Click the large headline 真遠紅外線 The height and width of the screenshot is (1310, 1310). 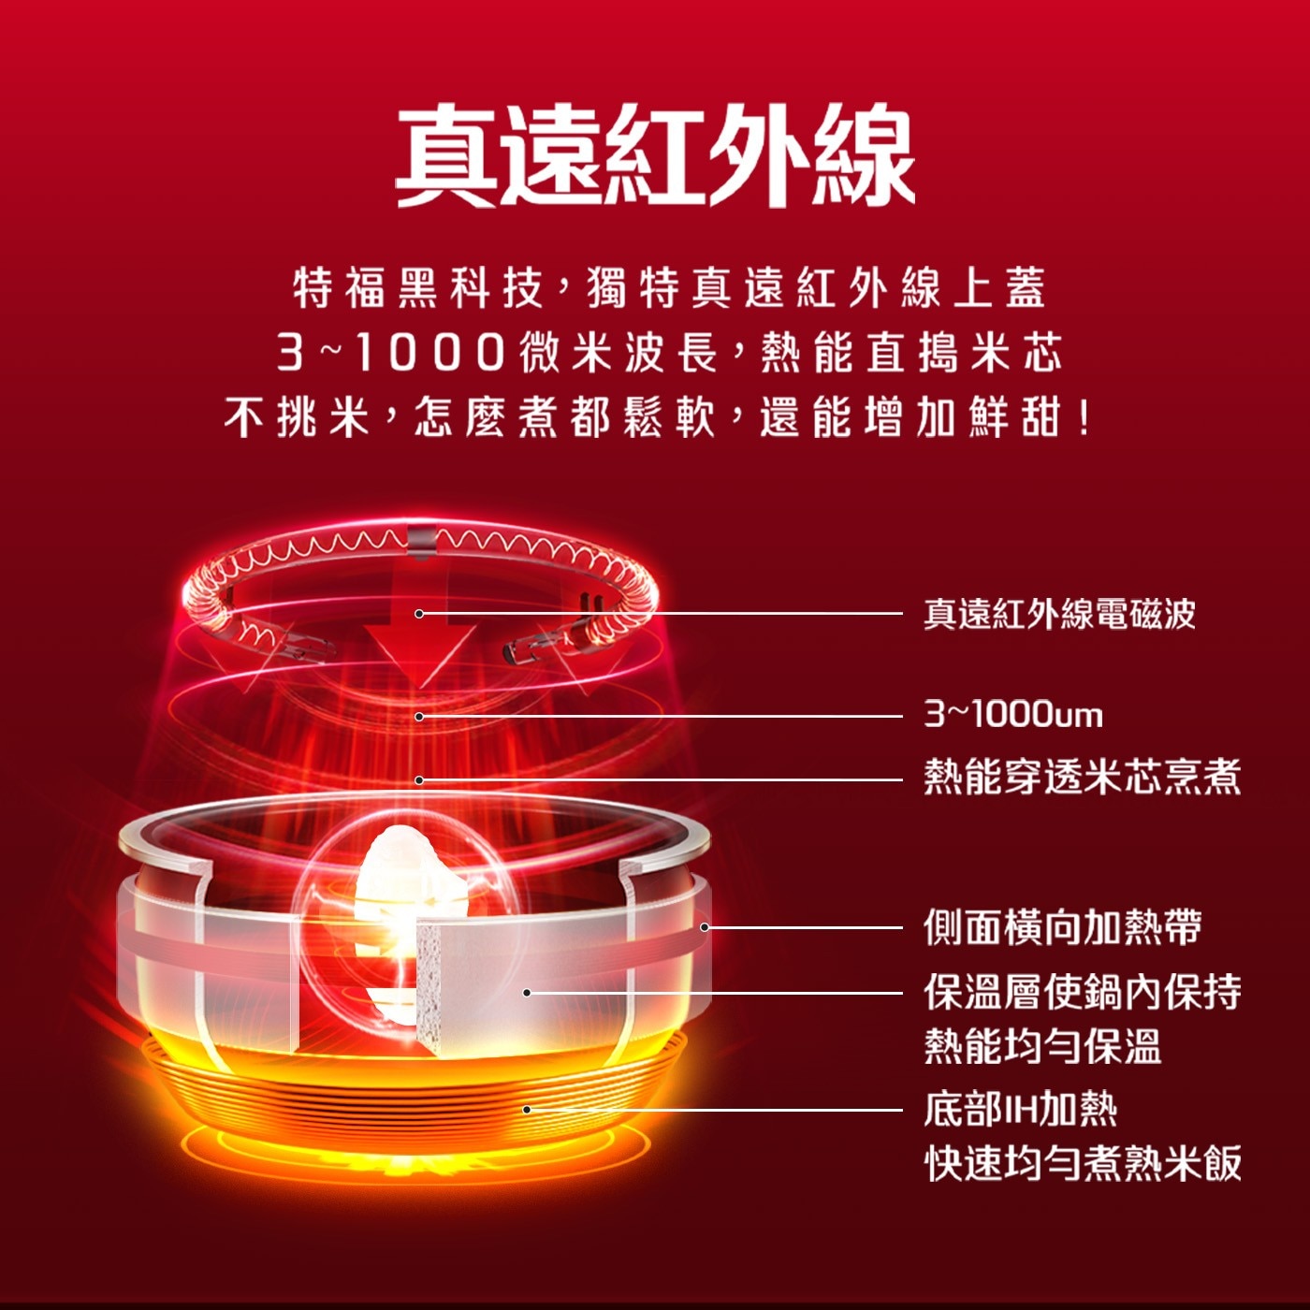point(655,155)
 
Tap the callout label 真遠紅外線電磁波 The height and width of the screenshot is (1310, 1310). point(1059,614)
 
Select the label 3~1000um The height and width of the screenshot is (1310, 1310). point(1013,715)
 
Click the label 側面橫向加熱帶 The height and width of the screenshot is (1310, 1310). point(1063,926)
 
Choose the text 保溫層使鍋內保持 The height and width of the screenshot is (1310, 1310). point(1083,992)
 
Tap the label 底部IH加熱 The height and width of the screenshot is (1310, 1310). point(1021,1110)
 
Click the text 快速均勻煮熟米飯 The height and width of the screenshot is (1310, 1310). point(1083,1164)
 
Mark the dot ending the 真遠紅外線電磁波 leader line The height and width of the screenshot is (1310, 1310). point(419,614)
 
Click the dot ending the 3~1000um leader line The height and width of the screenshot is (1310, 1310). point(419,717)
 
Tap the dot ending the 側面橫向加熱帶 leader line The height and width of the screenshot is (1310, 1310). point(705,927)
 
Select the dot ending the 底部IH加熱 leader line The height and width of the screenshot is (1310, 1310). point(527,1110)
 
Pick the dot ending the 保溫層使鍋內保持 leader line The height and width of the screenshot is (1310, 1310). point(527,993)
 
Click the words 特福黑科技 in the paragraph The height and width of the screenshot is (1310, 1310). point(418,288)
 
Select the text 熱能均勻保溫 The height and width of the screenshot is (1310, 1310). point(1042,1045)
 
